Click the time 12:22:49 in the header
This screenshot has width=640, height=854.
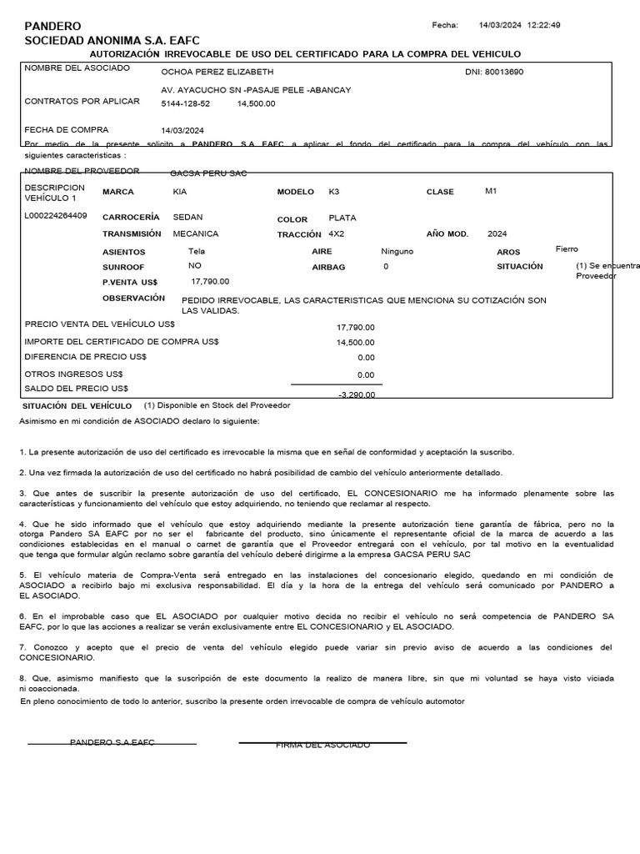(543, 25)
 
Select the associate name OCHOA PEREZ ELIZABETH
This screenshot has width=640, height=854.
(217, 72)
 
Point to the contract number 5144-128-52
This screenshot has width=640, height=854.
(185, 103)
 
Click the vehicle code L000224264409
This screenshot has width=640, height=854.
(56, 216)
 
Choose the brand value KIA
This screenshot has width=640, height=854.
(180, 192)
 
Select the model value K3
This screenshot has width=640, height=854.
(334, 191)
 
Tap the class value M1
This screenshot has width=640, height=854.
(491, 191)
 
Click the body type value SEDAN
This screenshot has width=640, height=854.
(187, 217)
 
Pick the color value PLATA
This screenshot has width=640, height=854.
(342, 218)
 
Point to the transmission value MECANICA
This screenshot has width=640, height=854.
(195, 234)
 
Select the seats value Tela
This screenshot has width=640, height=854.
(196, 250)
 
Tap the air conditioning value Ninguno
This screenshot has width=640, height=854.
(397, 250)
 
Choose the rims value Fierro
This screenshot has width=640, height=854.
(567, 249)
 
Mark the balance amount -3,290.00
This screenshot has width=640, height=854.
(356, 394)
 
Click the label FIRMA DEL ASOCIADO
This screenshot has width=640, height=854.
(322, 745)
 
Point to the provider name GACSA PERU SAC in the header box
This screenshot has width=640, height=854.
(208, 173)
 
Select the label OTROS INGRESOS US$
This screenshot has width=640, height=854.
(73, 374)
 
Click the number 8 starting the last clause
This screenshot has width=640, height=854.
(22, 679)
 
